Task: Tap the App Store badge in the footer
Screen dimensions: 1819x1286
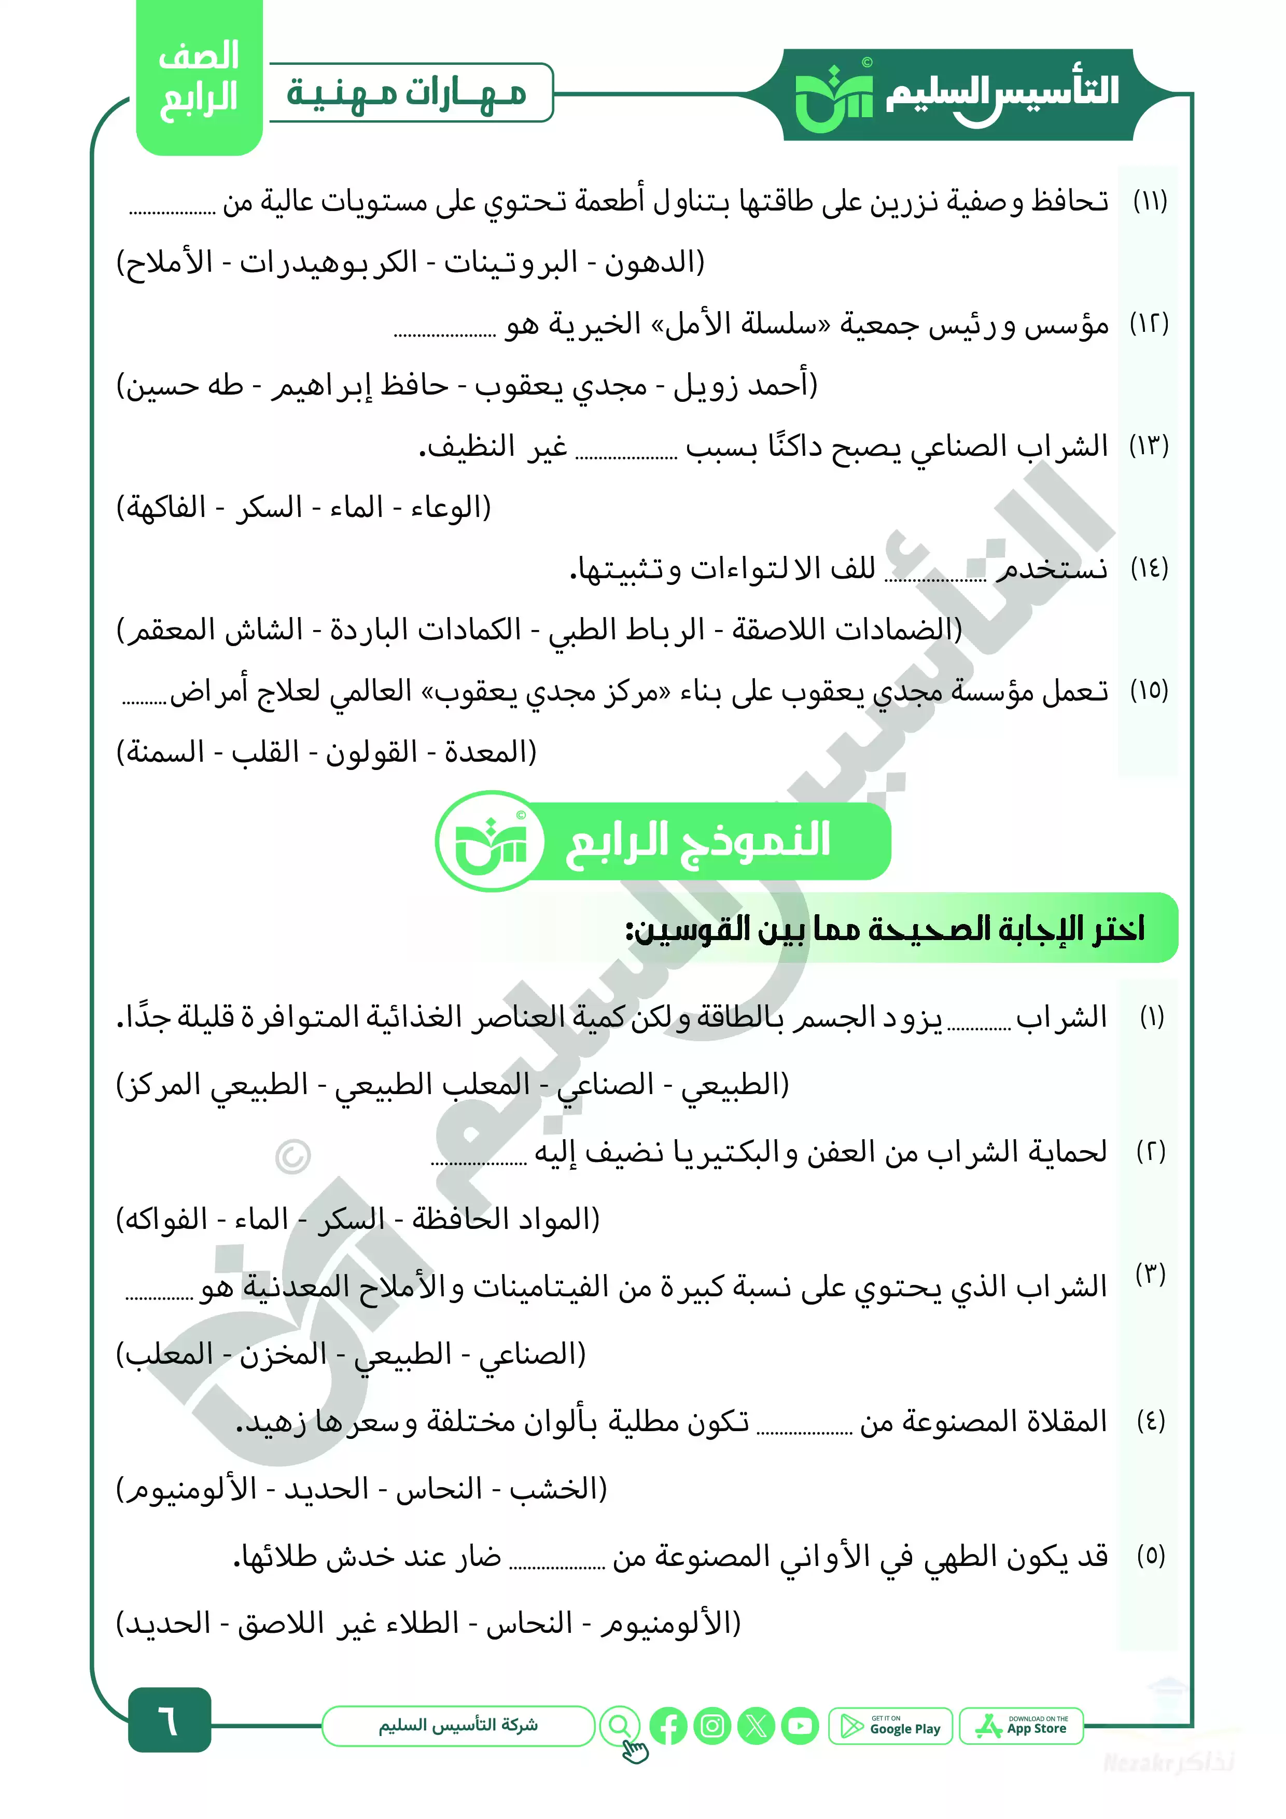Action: pyautogui.click(x=1022, y=1726)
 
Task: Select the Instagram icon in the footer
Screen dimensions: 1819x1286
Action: pyautogui.click(x=712, y=1726)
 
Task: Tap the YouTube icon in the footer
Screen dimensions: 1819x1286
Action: pyautogui.click(x=800, y=1726)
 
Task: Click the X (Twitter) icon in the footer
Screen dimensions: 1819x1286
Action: pyautogui.click(x=757, y=1726)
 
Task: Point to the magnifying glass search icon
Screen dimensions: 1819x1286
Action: pyautogui.click(x=620, y=1725)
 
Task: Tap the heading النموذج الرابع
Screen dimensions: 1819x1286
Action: pyautogui.click(x=697, y=840)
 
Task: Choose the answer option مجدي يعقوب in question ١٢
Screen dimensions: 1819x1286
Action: pyautogui.click(x=561, y=386)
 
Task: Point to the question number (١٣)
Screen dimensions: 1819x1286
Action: pyautogui.click(x=1149, y=446)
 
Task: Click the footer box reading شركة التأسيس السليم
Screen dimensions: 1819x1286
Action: pyautogui.click(x=458, y=1726)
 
